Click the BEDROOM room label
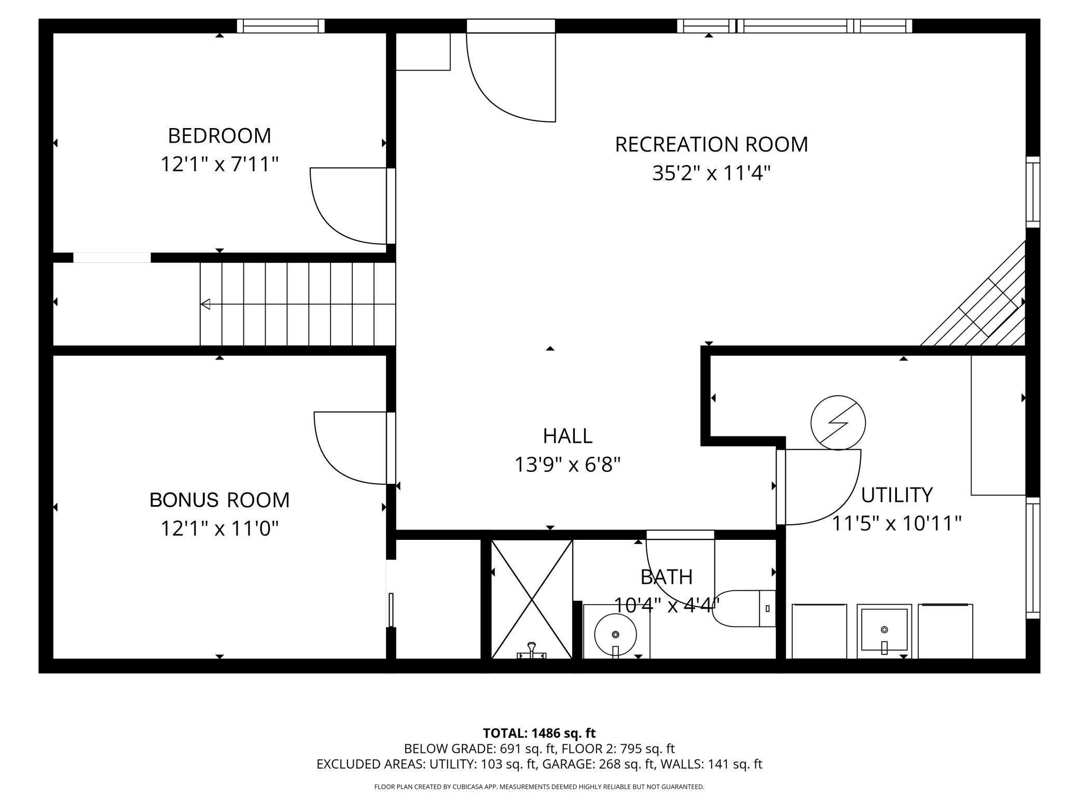click(x=219, y=136)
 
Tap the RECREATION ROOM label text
click(x=711, y=145)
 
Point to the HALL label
click(x=568, y=436)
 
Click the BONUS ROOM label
click(x=219, y=500)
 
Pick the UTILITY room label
click(x=897, y=495)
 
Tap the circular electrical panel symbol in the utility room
click(x=838, y=423)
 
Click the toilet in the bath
click(x=744, y=608)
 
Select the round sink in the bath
click(x=616, y=635)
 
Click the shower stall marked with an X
click(x=532, y=599)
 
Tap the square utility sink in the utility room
click(x=884, y=631)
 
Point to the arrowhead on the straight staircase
click(x=205, y=304)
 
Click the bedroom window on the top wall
click(x=281, y=26)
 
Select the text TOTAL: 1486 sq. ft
click(x=539, y=733)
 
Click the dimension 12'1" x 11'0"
click(x=219, y=529)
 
